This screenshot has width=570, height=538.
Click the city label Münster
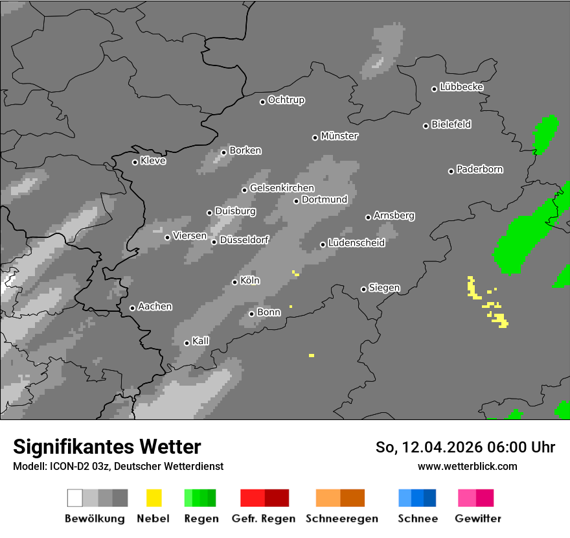pyautogui.click(x=339, y=136)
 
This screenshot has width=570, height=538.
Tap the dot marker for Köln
pyautogui.click(x=234, y=282)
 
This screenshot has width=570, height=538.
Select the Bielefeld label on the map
pyautogui.click(x=451, y=124)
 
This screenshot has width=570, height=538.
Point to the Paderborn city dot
pyautogui.click(x=451, y=171)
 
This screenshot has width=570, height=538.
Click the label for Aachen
pyautogui.click(x=155, y=307)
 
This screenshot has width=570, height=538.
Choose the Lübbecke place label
pyautogui.click(x=461, y=87)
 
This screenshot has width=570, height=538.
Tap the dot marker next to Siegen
pyautogui.click(x=363, y=289)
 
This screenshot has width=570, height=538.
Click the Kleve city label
pyautogui.click(x=153, y=161)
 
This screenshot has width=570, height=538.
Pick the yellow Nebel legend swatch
pyautogui.click(x=154, y=498)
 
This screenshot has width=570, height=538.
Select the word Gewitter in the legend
pyautogui.click(x=478, y=519)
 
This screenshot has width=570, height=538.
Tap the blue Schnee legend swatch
pyautogui.click(x=417, y=498)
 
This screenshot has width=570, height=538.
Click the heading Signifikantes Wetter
pyautogui.click(x=107, y=447)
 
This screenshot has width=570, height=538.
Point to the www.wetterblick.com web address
pyautogui.click(x=467, y=466)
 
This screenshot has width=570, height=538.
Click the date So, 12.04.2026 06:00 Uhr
pyautogui.click(x=465, y=447)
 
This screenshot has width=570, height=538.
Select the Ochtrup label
pyautogui.click(x=286, y=100)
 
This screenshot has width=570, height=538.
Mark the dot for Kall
pyautogui.click(x=187, y=343)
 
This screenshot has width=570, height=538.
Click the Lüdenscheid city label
pyautogui.click(x=356, y=243)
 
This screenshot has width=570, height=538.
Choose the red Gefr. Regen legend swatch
pyautogui.click(x=264, y=498)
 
